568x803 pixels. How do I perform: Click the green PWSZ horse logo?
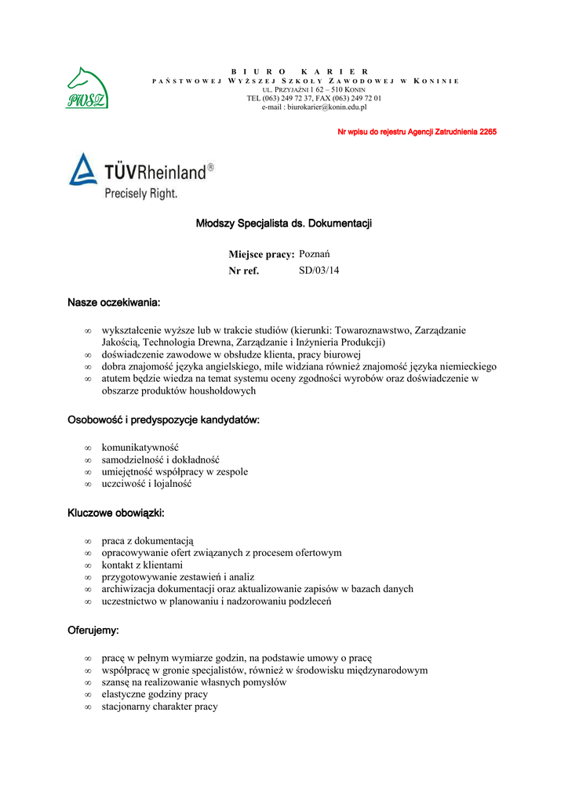(87, 88)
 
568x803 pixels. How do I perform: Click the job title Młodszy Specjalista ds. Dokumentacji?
(283, 223)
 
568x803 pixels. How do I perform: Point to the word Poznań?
(315, 254)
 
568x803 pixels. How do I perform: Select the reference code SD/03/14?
(319, 271)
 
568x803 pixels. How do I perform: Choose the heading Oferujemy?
(93, 630)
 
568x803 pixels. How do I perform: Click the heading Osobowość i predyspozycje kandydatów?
(163, 420)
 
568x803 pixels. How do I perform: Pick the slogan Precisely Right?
(141, 193)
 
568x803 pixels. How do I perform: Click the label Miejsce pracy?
(261, 254)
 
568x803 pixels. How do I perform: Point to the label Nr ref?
(243, 271)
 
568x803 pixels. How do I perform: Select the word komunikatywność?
(140, 447)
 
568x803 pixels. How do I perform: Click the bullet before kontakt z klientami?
(88, 565)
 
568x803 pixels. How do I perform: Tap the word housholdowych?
(216, 391)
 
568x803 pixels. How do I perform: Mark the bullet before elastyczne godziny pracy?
(88, 695)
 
